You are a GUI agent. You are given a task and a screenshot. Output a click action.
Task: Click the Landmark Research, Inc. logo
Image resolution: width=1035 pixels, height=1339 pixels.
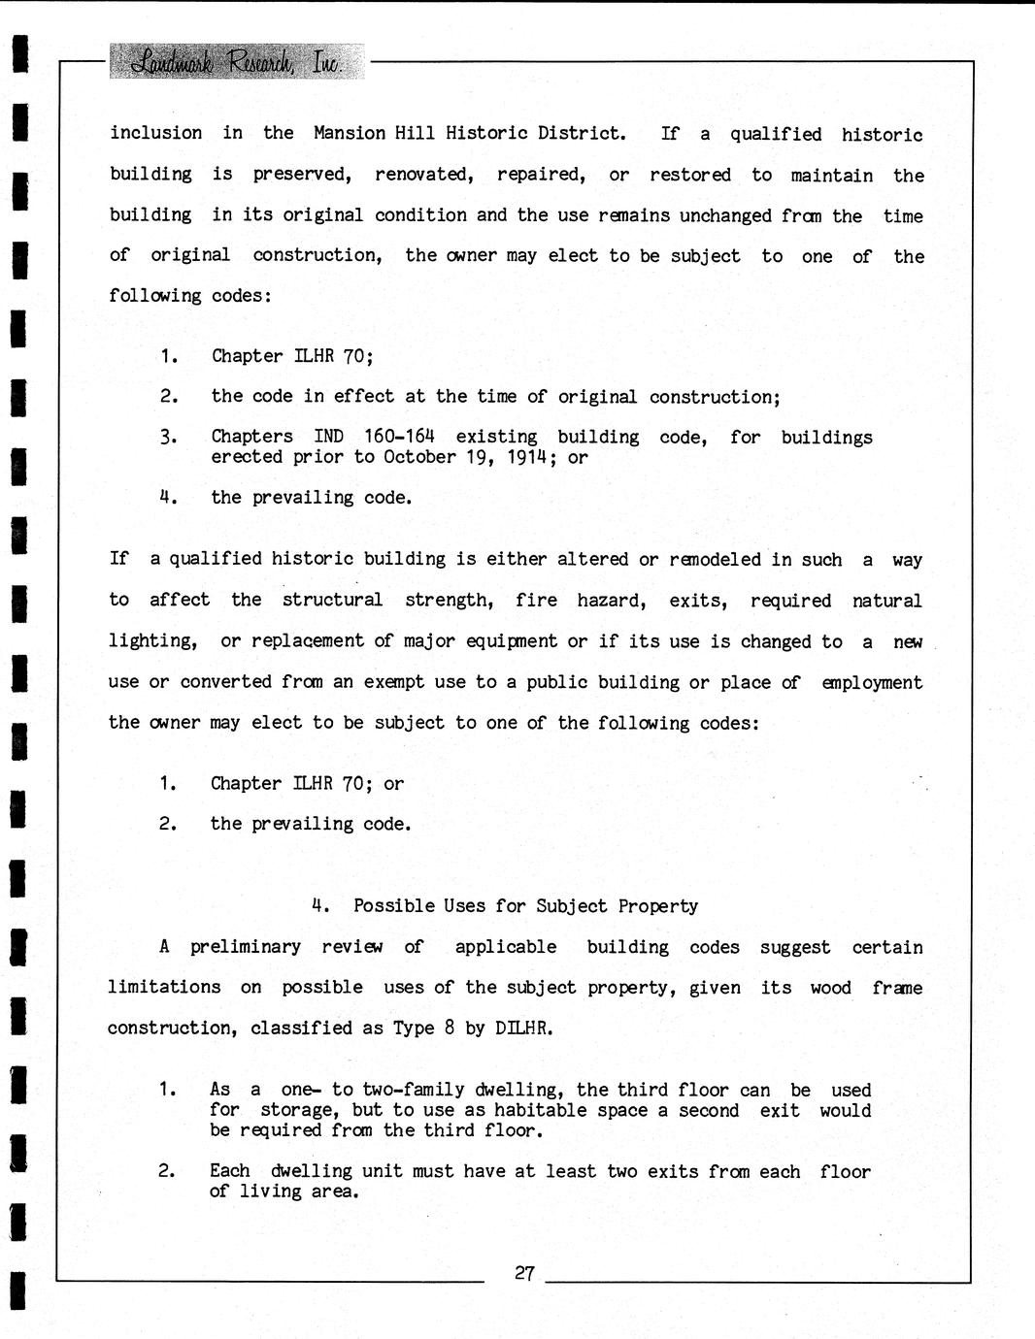[x=237, y=62]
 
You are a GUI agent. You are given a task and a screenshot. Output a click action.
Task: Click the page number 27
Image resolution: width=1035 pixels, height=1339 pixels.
[x=524, y=1273]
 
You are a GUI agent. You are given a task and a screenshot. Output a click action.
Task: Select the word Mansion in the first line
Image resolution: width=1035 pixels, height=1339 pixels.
[x=349, y=133]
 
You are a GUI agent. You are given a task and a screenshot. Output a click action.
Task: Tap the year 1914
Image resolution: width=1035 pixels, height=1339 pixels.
[x=533, y=457]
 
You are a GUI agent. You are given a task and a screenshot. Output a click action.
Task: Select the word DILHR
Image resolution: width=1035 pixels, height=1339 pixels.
[x=523, y=1028]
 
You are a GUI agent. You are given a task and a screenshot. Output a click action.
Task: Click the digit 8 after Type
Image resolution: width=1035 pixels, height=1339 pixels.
[x=450, y=1028]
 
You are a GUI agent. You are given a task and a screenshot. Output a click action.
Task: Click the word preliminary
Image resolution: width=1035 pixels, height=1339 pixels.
[x=245, y=947]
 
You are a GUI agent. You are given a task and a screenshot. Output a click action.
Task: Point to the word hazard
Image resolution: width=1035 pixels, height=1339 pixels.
[x=611, y=601]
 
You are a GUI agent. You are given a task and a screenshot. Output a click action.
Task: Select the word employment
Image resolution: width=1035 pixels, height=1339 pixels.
[x=872, y=682]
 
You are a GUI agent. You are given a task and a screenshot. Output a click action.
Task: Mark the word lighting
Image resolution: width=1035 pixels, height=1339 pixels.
[x=152, y=641]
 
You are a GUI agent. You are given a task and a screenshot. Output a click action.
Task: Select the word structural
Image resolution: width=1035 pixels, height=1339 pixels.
[x=332, y=601]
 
